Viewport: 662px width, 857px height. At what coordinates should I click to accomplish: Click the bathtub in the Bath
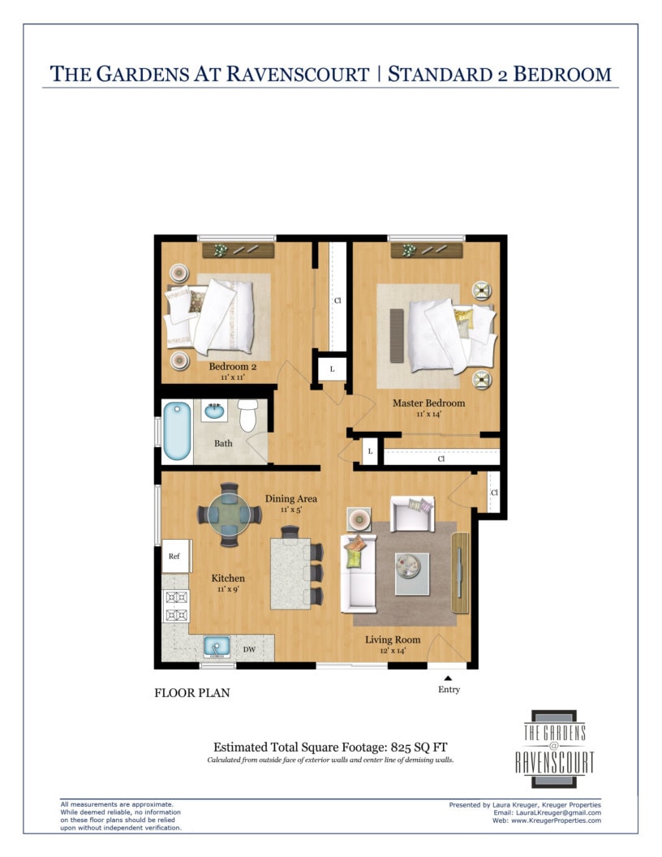[x=177, y=431]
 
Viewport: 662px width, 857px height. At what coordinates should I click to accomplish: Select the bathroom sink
[x=214, y=411]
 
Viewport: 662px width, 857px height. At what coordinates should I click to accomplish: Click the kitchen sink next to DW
[x=217, y=647]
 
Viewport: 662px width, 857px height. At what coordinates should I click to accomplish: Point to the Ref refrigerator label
[x=174, y=556]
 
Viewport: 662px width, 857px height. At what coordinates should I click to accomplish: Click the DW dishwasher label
[x=249, y=649]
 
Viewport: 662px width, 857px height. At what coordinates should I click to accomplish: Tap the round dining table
[x=229, y=515]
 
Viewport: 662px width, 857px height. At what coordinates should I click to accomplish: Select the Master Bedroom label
[x=429, y=403]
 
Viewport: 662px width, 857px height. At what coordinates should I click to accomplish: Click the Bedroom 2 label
[x=233, y=366]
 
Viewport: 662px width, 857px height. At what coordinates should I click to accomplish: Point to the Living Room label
[x=393, y=640]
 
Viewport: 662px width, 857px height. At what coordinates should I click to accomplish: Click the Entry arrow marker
[x=448, y=678]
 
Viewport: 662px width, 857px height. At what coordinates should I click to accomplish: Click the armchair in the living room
[x=412, y=514]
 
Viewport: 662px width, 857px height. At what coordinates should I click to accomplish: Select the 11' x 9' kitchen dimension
[x=228, y=589]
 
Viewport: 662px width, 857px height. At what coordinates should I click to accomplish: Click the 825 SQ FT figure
[x=419, y=747]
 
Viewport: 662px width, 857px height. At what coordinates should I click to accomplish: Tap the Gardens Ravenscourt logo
[x=554, y=749]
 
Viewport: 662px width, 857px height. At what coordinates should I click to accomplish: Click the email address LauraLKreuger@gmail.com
[x=558, y=812]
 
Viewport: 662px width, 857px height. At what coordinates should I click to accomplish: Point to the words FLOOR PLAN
[x=192, y=693]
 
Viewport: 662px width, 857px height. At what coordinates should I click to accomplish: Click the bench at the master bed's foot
[x=397, y=336]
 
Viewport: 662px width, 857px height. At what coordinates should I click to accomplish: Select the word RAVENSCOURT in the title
[x=298, y=75]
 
